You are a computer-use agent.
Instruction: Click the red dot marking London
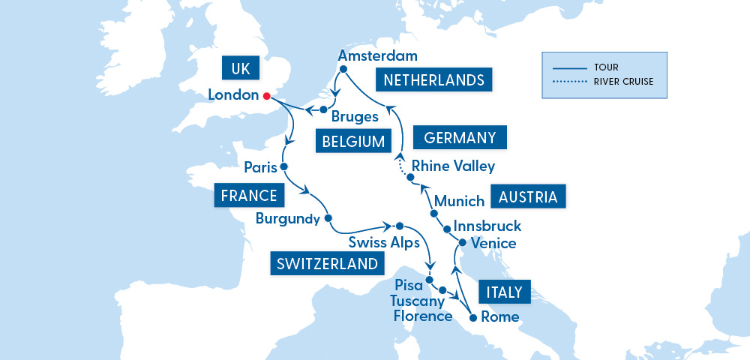266,96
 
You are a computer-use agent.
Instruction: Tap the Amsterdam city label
377,56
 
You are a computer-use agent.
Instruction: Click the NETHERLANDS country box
433,80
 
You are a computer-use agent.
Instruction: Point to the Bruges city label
353,117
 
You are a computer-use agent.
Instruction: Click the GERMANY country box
460,138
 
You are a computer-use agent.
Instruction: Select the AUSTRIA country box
528,197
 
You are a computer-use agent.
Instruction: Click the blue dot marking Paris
283,166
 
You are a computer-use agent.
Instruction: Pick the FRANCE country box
250,196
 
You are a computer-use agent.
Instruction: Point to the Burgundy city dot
328,219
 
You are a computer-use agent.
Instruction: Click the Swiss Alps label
384,242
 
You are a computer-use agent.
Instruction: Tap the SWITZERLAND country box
326,264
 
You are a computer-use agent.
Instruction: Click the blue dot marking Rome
472,318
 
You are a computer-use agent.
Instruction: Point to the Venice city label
493,243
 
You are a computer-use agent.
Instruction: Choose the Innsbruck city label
487,226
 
